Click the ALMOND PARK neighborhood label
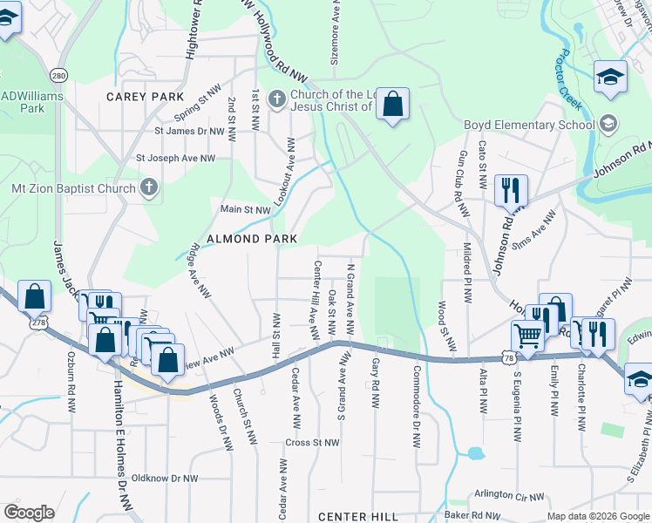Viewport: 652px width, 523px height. [x=252, y=238]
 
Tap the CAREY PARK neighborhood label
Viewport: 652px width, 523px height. [x=146, y=96]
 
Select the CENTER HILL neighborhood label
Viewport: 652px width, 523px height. [x=357, y=517]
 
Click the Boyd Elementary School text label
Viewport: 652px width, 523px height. [x=529, y=125]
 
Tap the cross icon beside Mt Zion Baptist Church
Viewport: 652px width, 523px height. [x=148, y=187]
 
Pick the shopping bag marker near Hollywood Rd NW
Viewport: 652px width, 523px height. [x=393, y=105]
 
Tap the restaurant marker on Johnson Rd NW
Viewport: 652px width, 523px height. [x=510, y=190]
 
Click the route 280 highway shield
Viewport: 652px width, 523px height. [x=59, y=75]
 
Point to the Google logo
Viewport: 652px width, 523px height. [x=30, y=512]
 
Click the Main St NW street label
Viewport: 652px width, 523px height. [x=245, y=209]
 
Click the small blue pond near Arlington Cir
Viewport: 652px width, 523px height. [x=474, y=453]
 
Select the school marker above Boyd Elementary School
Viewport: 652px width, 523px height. [x=610, y=77]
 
